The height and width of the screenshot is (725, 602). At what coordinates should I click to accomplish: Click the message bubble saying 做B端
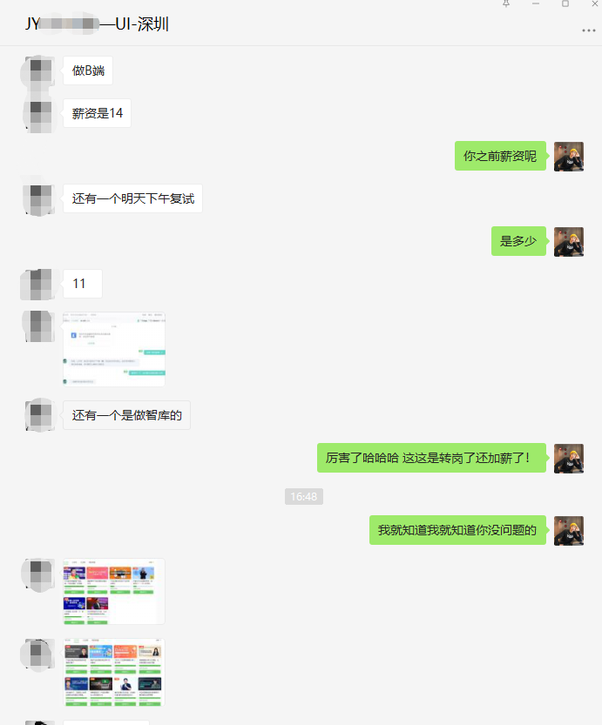pos(88,70)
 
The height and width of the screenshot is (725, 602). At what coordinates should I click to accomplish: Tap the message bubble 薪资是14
pos(98,113)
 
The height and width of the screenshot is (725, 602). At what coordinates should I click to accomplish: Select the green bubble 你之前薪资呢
pos(500,156)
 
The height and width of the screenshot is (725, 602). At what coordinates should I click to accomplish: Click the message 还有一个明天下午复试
pos(133,198)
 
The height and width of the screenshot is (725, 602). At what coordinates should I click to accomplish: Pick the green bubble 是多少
pos(518,241)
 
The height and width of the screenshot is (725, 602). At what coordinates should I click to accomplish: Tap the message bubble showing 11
pos(82,284)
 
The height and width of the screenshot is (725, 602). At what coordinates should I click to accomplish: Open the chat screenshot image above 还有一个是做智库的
pos(114,349)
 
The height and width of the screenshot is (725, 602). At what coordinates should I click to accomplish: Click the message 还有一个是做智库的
pos(126,415)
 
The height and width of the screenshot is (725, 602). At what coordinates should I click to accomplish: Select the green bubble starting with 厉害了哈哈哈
pos(431,458)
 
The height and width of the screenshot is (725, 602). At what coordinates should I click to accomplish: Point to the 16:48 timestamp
pos(303,496)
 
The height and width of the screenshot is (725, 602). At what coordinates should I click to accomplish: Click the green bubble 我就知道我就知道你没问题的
pos(457,529)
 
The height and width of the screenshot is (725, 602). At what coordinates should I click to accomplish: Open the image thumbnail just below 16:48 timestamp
pos(114,592)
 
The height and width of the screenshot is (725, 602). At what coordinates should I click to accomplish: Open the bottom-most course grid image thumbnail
pos(114,673)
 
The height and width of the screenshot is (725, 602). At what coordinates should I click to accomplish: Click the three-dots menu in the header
pos(589,31)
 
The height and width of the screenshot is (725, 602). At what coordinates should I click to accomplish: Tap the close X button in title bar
pos(593,4)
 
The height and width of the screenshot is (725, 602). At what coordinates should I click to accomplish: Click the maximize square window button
pos(565,4)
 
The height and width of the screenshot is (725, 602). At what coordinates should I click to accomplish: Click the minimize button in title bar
pos(536,4)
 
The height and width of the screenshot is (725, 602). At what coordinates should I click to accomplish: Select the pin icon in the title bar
pos(506,4)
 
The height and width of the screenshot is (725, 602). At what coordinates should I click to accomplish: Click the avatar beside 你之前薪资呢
pos(569,157)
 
